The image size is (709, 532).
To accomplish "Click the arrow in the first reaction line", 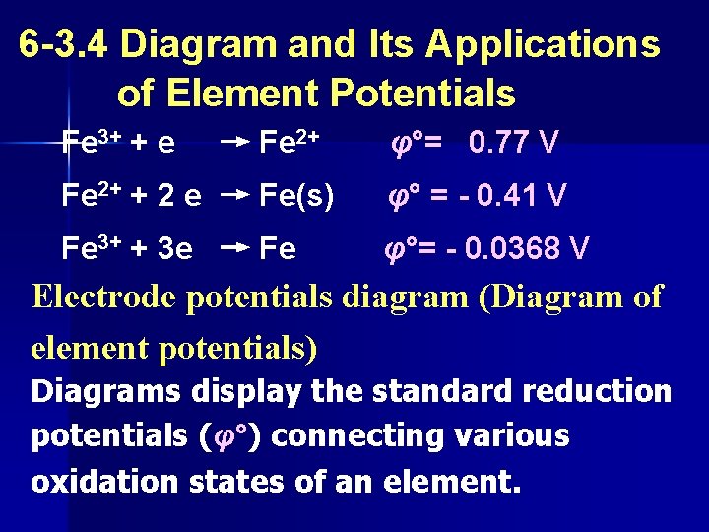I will coord(233,145).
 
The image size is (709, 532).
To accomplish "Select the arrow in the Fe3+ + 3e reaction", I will coord(233,249).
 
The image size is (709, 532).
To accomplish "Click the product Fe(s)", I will coord(296,197).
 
